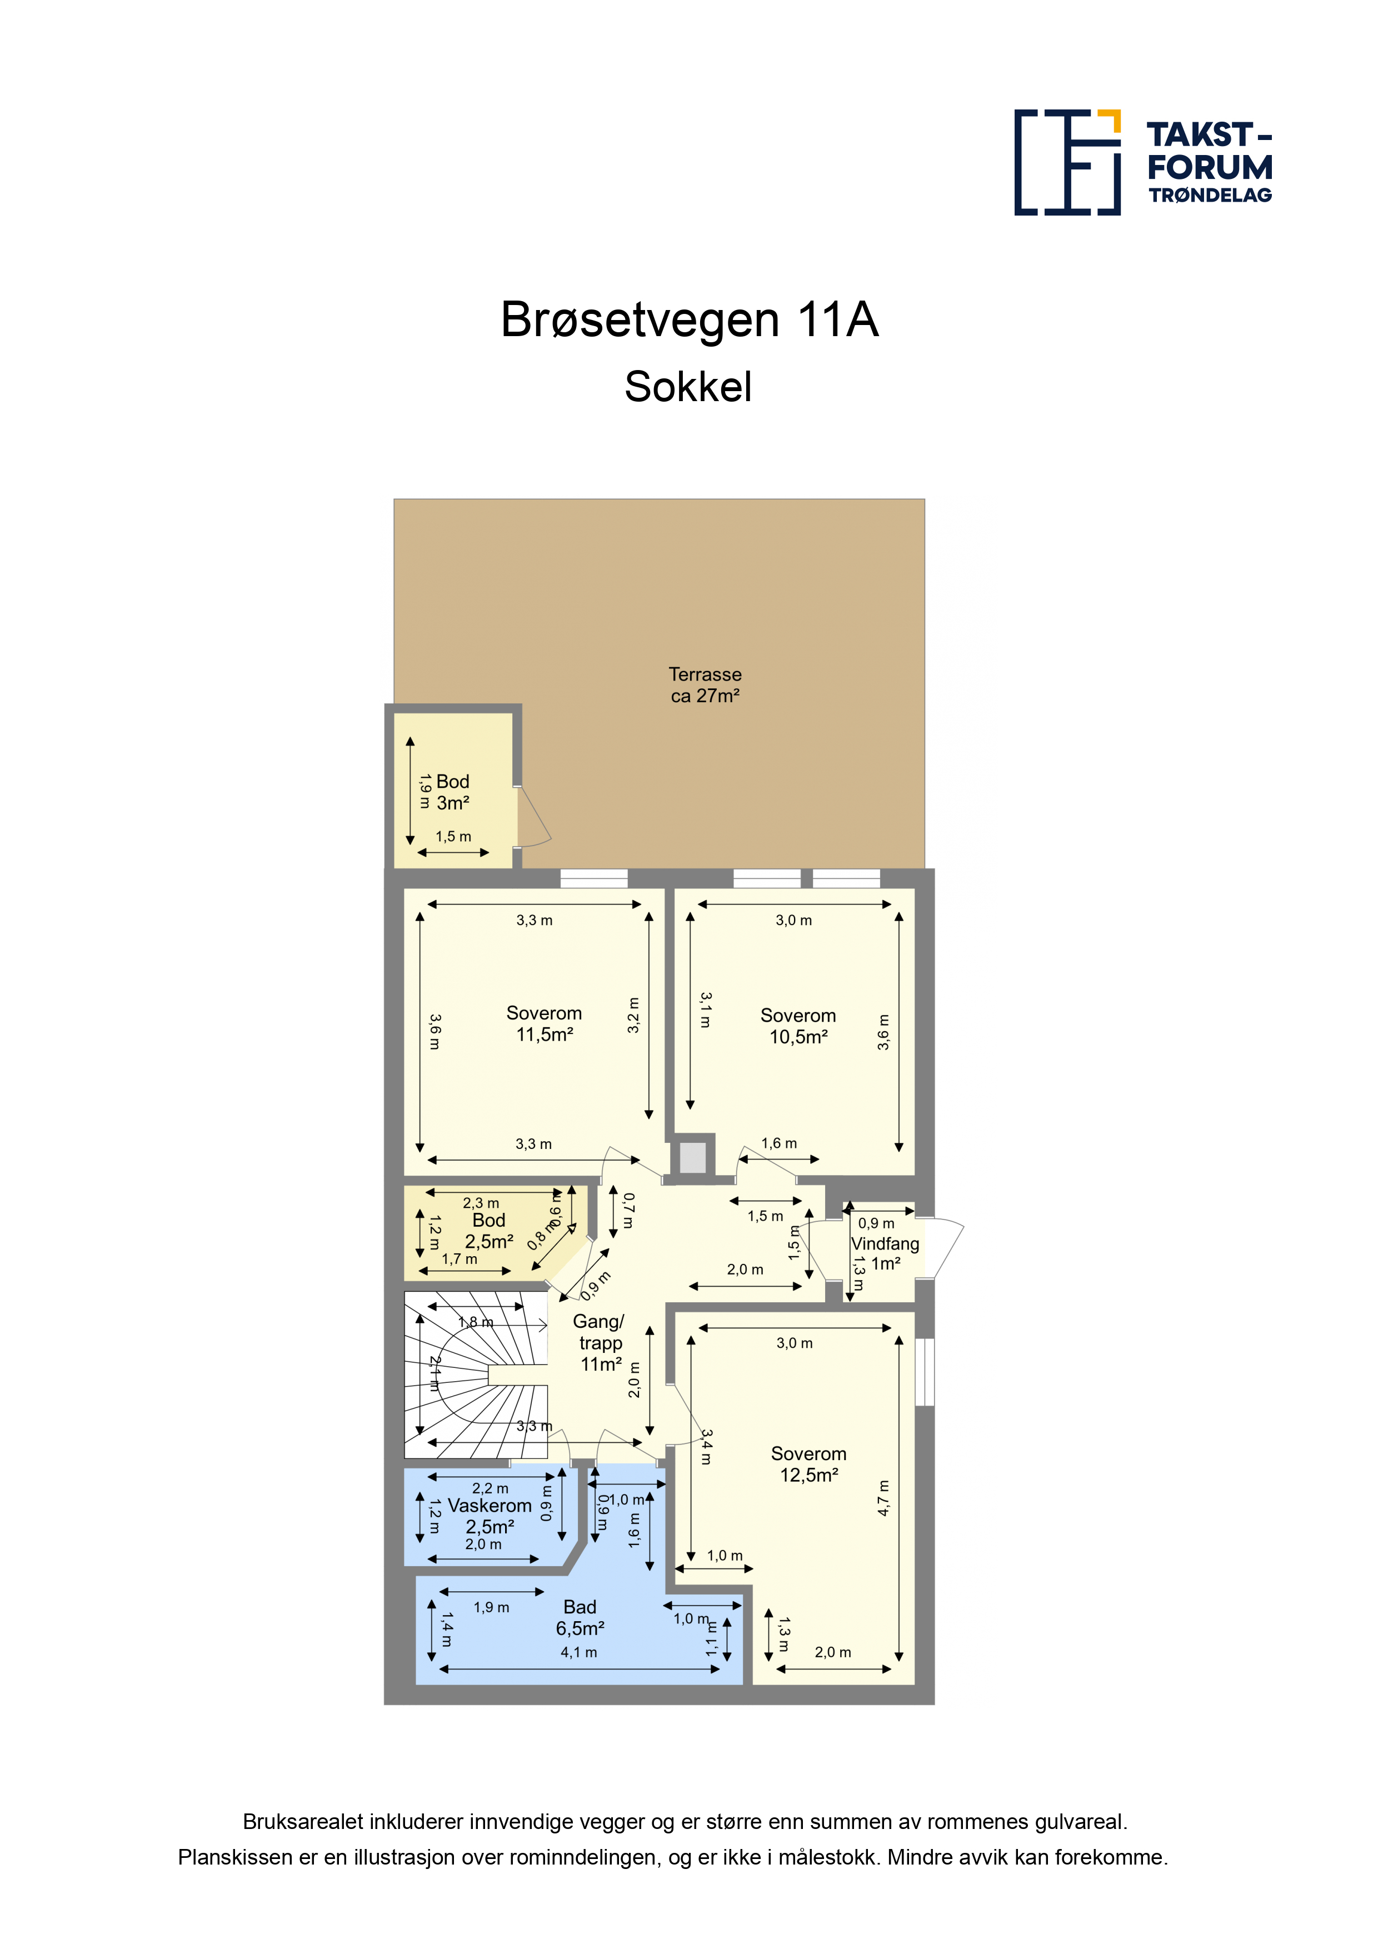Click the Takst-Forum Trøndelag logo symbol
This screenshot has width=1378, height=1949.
click(x=1067, y=162)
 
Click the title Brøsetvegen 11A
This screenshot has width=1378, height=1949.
click(x=690, y=320)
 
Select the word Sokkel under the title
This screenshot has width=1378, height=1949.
click(x=688, y=387)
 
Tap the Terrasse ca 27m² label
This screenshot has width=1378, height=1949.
click(x=705, y=685)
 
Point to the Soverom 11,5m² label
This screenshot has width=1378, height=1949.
click(x=544, y=1024)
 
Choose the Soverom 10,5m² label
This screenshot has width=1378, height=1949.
click(x=798, y=1026)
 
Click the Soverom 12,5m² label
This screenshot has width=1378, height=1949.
click(x=809, y=1465)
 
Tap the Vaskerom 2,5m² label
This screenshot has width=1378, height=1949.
click(x=490, y=1516)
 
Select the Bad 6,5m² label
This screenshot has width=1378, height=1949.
click(x=580, y=1618)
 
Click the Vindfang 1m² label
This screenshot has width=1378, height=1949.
click(x=886, y=1254)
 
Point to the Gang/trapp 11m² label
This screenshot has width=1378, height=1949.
click(x=600, y=1343)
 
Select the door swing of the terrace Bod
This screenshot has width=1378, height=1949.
click(x=534, y=817)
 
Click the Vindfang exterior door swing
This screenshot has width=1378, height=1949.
click(x=947, y=1248)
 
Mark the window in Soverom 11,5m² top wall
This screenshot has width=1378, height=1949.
click(x=593, y=878)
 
